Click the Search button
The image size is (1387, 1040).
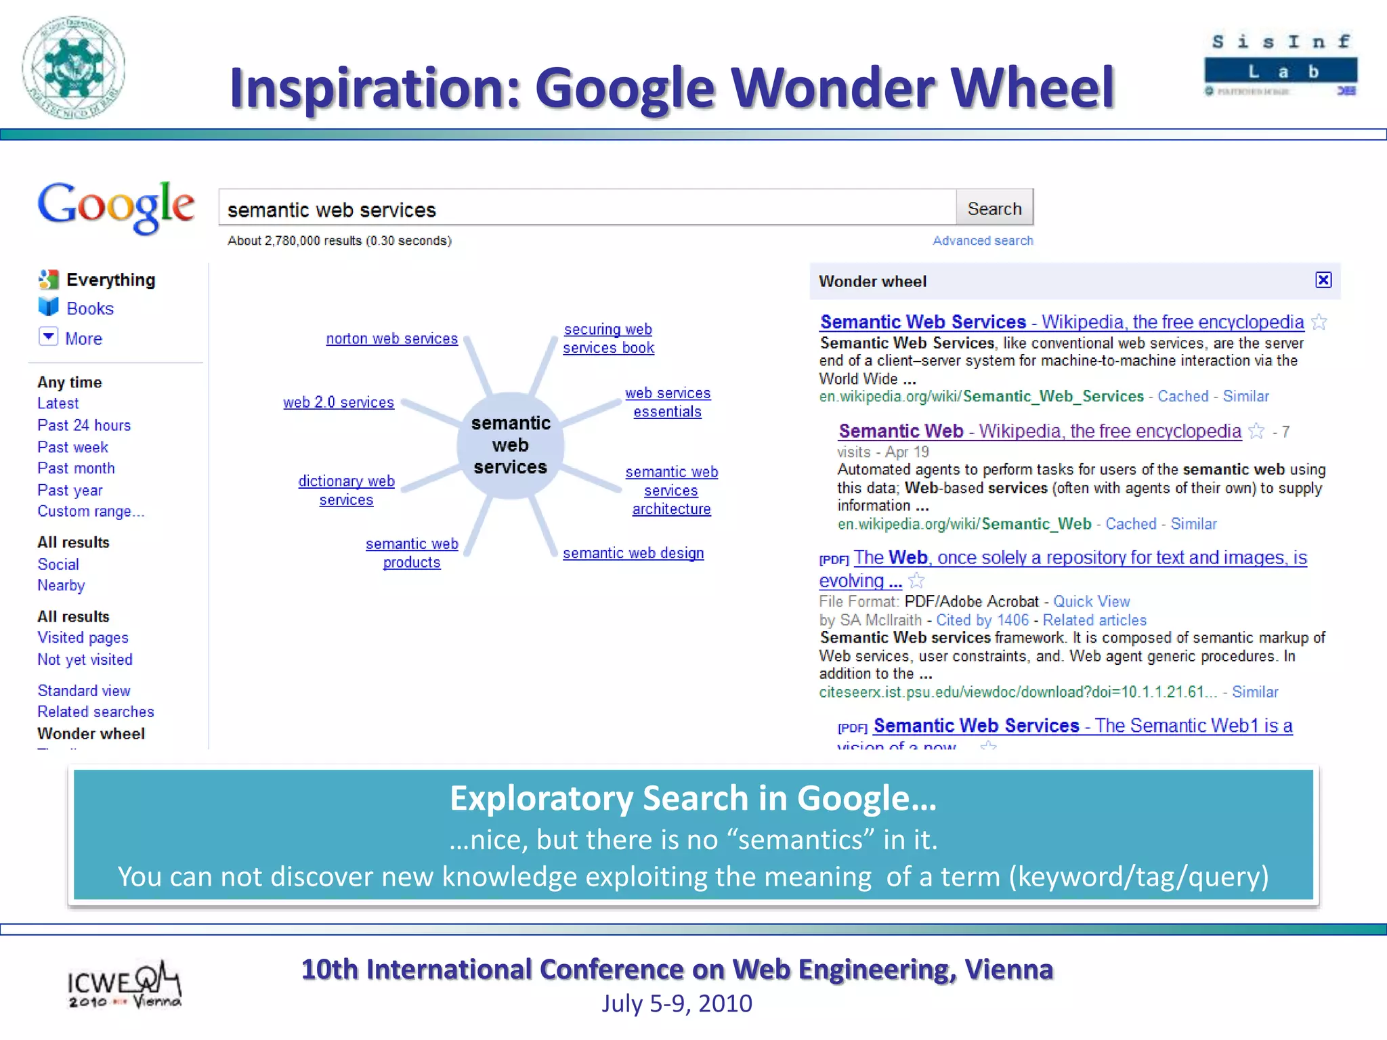point(994,209)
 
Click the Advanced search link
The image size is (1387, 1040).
point(982,240)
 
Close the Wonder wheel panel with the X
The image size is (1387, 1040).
point(1323,280)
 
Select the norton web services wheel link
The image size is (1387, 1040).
point(391,339)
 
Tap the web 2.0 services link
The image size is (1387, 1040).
point(338,402)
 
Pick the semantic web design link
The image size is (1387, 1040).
point(633,553)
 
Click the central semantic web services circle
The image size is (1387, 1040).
point(510,445)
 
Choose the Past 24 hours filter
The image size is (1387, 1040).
point(84,425)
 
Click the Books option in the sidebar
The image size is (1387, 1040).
point(89,309)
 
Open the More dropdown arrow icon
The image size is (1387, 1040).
point(49,337)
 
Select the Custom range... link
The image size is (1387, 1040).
point(91,511)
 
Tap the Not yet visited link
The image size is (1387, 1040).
point(85,659)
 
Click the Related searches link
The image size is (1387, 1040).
point(95,712)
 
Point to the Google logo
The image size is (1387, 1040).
point(116,207)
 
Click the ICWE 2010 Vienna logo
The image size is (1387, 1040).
point(124,985)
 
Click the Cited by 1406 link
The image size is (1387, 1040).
point(982,620)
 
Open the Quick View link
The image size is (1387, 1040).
point(1091,601)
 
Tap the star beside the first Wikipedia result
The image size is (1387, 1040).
point(1319,322)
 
